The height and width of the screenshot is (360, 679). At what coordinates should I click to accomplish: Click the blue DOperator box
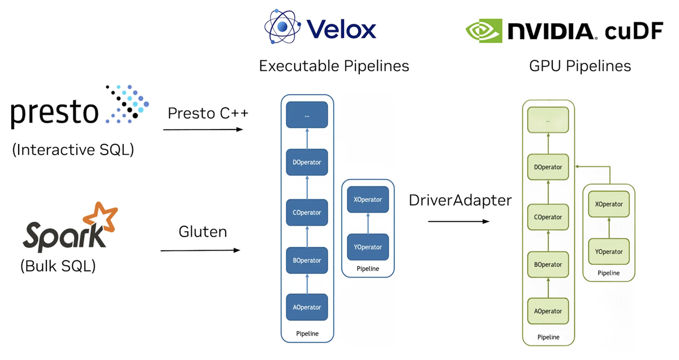tap(307, 162)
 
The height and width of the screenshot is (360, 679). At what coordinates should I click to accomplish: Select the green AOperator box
tap(548, 311)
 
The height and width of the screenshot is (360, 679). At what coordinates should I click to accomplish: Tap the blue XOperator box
tap(368, 200)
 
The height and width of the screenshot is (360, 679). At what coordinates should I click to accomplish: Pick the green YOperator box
tap(609, 252)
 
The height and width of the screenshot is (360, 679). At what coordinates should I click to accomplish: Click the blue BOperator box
tap(307, 260)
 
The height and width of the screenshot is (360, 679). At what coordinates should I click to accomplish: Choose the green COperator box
tap(548, 217)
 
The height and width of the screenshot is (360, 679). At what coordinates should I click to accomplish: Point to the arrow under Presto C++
tap(203, 130)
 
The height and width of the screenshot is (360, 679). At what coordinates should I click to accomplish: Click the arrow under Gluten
tap(201, 250)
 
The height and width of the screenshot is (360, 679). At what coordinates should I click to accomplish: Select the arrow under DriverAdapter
tap(458, 221)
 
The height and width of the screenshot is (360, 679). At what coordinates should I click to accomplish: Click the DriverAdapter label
tap(460, 200)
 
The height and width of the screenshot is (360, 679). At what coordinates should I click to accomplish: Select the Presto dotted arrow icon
tap(127, 104)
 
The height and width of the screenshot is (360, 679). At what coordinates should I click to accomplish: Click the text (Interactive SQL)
tap(72, 149)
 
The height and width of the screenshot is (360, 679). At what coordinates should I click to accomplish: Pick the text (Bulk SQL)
tap(58, 265)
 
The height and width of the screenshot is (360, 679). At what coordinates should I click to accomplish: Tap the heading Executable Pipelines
tap(334, 66)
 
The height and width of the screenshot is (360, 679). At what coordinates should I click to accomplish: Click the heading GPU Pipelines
tap(580, 66)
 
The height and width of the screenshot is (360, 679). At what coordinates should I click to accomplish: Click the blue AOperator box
tap(307, 307)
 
